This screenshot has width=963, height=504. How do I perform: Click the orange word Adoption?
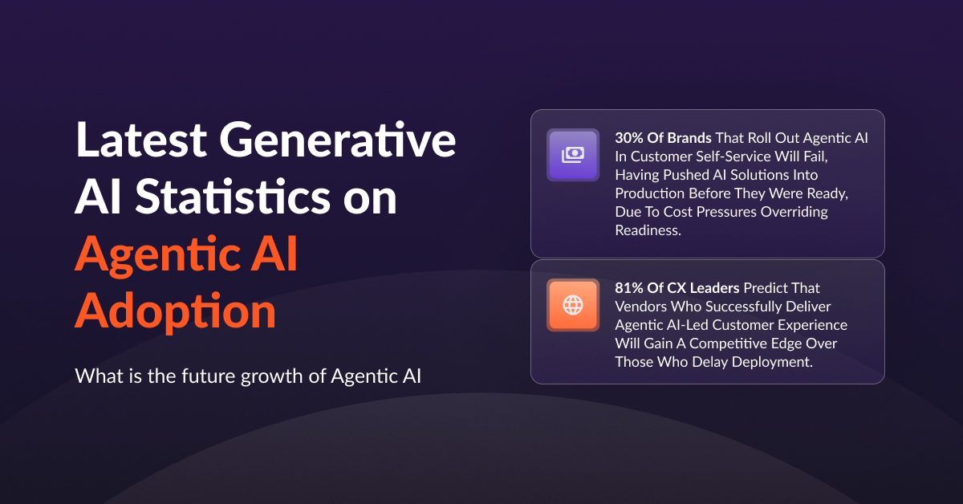175,311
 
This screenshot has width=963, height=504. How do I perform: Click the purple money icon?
573,155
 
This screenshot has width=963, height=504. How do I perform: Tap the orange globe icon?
573,305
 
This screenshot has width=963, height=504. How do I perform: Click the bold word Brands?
686,138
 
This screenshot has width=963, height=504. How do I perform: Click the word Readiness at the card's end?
647,230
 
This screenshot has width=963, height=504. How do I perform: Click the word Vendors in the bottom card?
639,306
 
